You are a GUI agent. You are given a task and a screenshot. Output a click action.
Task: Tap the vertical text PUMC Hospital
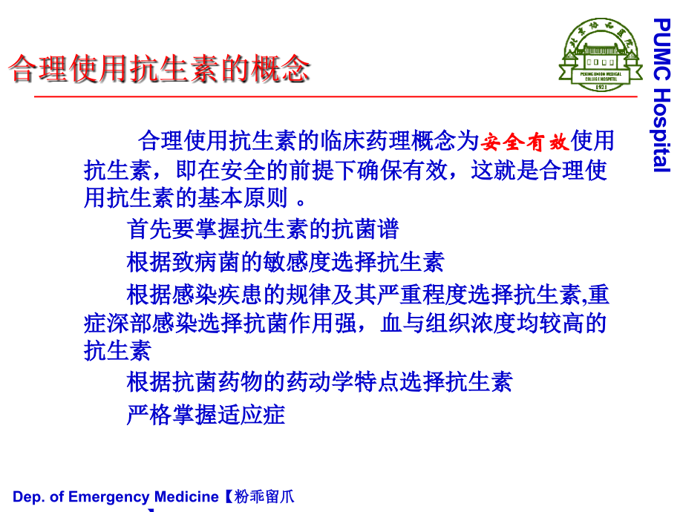coord(661,96)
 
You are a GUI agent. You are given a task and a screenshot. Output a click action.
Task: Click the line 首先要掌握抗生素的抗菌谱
coord(263,229)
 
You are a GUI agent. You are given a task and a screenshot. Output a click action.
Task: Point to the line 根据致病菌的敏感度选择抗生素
coord(285,261)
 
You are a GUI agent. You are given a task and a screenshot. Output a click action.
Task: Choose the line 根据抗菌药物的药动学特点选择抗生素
coord(319,382)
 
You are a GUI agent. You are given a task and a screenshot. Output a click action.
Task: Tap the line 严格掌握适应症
coord(206,414)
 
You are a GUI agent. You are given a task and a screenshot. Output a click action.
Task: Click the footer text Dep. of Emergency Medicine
coord(115,497)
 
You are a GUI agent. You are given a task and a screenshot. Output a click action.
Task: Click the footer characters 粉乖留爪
coord(264,497)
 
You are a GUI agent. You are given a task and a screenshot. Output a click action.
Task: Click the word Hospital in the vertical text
coord(661,130)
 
